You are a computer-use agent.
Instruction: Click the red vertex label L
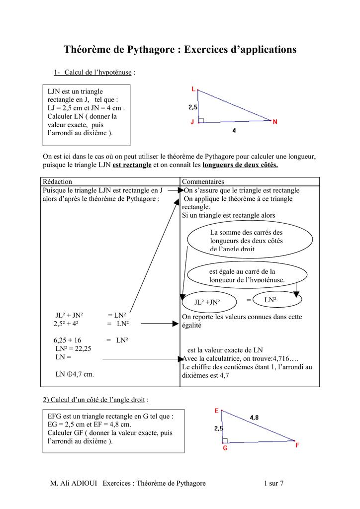click(193, 89)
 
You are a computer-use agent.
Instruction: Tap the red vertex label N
click(275, 121)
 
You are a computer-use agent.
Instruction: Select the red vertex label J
click(192, 122)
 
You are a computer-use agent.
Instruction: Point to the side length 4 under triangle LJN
click(234, 131)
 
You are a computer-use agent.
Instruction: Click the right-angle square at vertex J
click(201, 120)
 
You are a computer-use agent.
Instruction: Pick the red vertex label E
click(216, 411)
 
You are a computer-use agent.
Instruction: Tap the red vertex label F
click(297, 445)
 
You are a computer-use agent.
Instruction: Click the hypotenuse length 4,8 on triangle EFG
click(254, 418)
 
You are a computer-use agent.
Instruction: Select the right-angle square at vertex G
click(225, 440)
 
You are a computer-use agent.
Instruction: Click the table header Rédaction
click(58, 182)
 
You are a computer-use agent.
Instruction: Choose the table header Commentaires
click(203, 182)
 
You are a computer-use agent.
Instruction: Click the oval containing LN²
click(277, 300)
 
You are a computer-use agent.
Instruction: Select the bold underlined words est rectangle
click(132, 165)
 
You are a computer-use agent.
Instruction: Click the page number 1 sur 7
click(273, 484)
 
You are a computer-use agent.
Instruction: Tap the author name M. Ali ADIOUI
click(75, 484)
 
